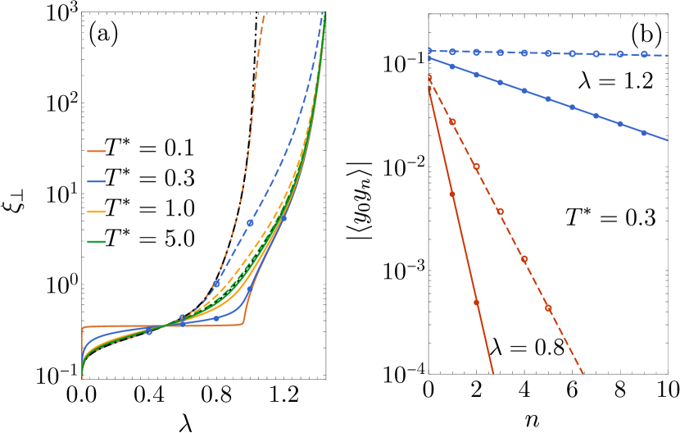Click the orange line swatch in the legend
tap(96, 152)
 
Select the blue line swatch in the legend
tap(96, 181)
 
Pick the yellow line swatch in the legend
tap(96, 212)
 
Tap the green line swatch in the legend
tap(96, 242)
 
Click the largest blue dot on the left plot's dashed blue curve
tap(250, 223)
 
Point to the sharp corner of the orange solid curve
tap(243, 324)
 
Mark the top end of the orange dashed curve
tap(264, 15)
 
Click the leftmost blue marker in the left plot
tap(148, 331)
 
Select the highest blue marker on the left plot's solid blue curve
tap(283, 218)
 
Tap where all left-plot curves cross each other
tap(164, 326)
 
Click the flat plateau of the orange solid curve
tap(164, 326)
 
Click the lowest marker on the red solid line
tap(476, 303)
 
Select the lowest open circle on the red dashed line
tap(548, 308)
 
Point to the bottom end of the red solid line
tap(494, 373)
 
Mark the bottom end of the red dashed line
tap(583, 374)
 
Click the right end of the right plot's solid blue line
tap(668, 141)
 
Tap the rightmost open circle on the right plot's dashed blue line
tap(644, 55)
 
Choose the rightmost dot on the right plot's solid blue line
tap(644, 133)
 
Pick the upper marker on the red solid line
tap(452, 194)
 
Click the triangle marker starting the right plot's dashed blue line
tap(429, 51)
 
